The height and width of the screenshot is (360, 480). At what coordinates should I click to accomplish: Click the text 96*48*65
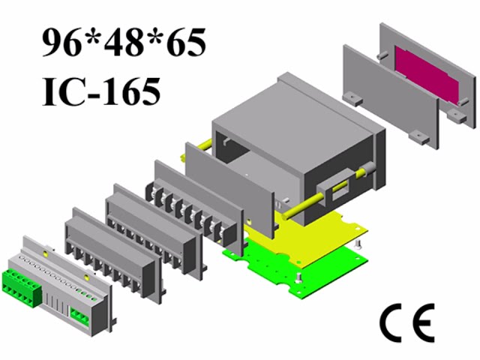click(123, 45)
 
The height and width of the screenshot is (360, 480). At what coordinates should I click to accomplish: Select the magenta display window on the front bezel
click(427, 76)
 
